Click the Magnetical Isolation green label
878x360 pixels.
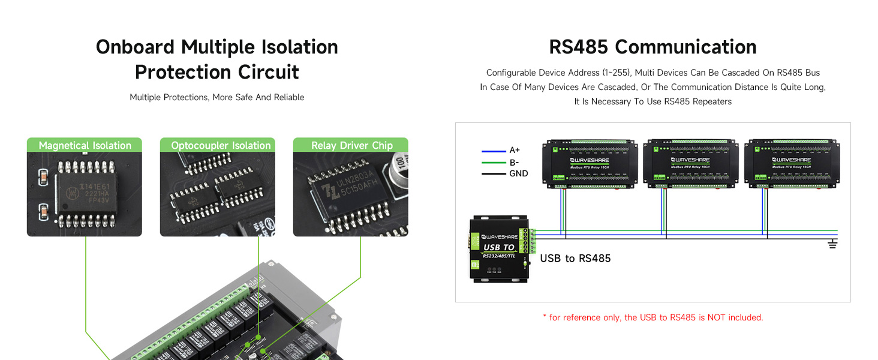[x=85, y=145]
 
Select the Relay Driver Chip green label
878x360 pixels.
[x=351, y=145]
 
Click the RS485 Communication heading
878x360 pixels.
[x=653, y=47]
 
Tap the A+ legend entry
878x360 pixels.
[x=514, y=151]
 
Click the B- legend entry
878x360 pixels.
[x=514, y=162]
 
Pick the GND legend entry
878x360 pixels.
[x=518, y=173]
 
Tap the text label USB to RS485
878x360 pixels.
[x=575, y=259]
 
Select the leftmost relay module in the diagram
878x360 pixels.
[x=589, y=163]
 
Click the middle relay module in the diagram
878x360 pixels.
[x=690, y=163]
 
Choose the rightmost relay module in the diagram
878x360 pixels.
[x=790, y=163]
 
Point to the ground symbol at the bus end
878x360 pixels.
[x=832, y=244]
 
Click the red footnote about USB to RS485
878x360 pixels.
[x=653, y=317]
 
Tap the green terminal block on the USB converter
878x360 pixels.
[x=530, y=241]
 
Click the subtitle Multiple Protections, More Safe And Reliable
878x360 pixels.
[x=217, y=97]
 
